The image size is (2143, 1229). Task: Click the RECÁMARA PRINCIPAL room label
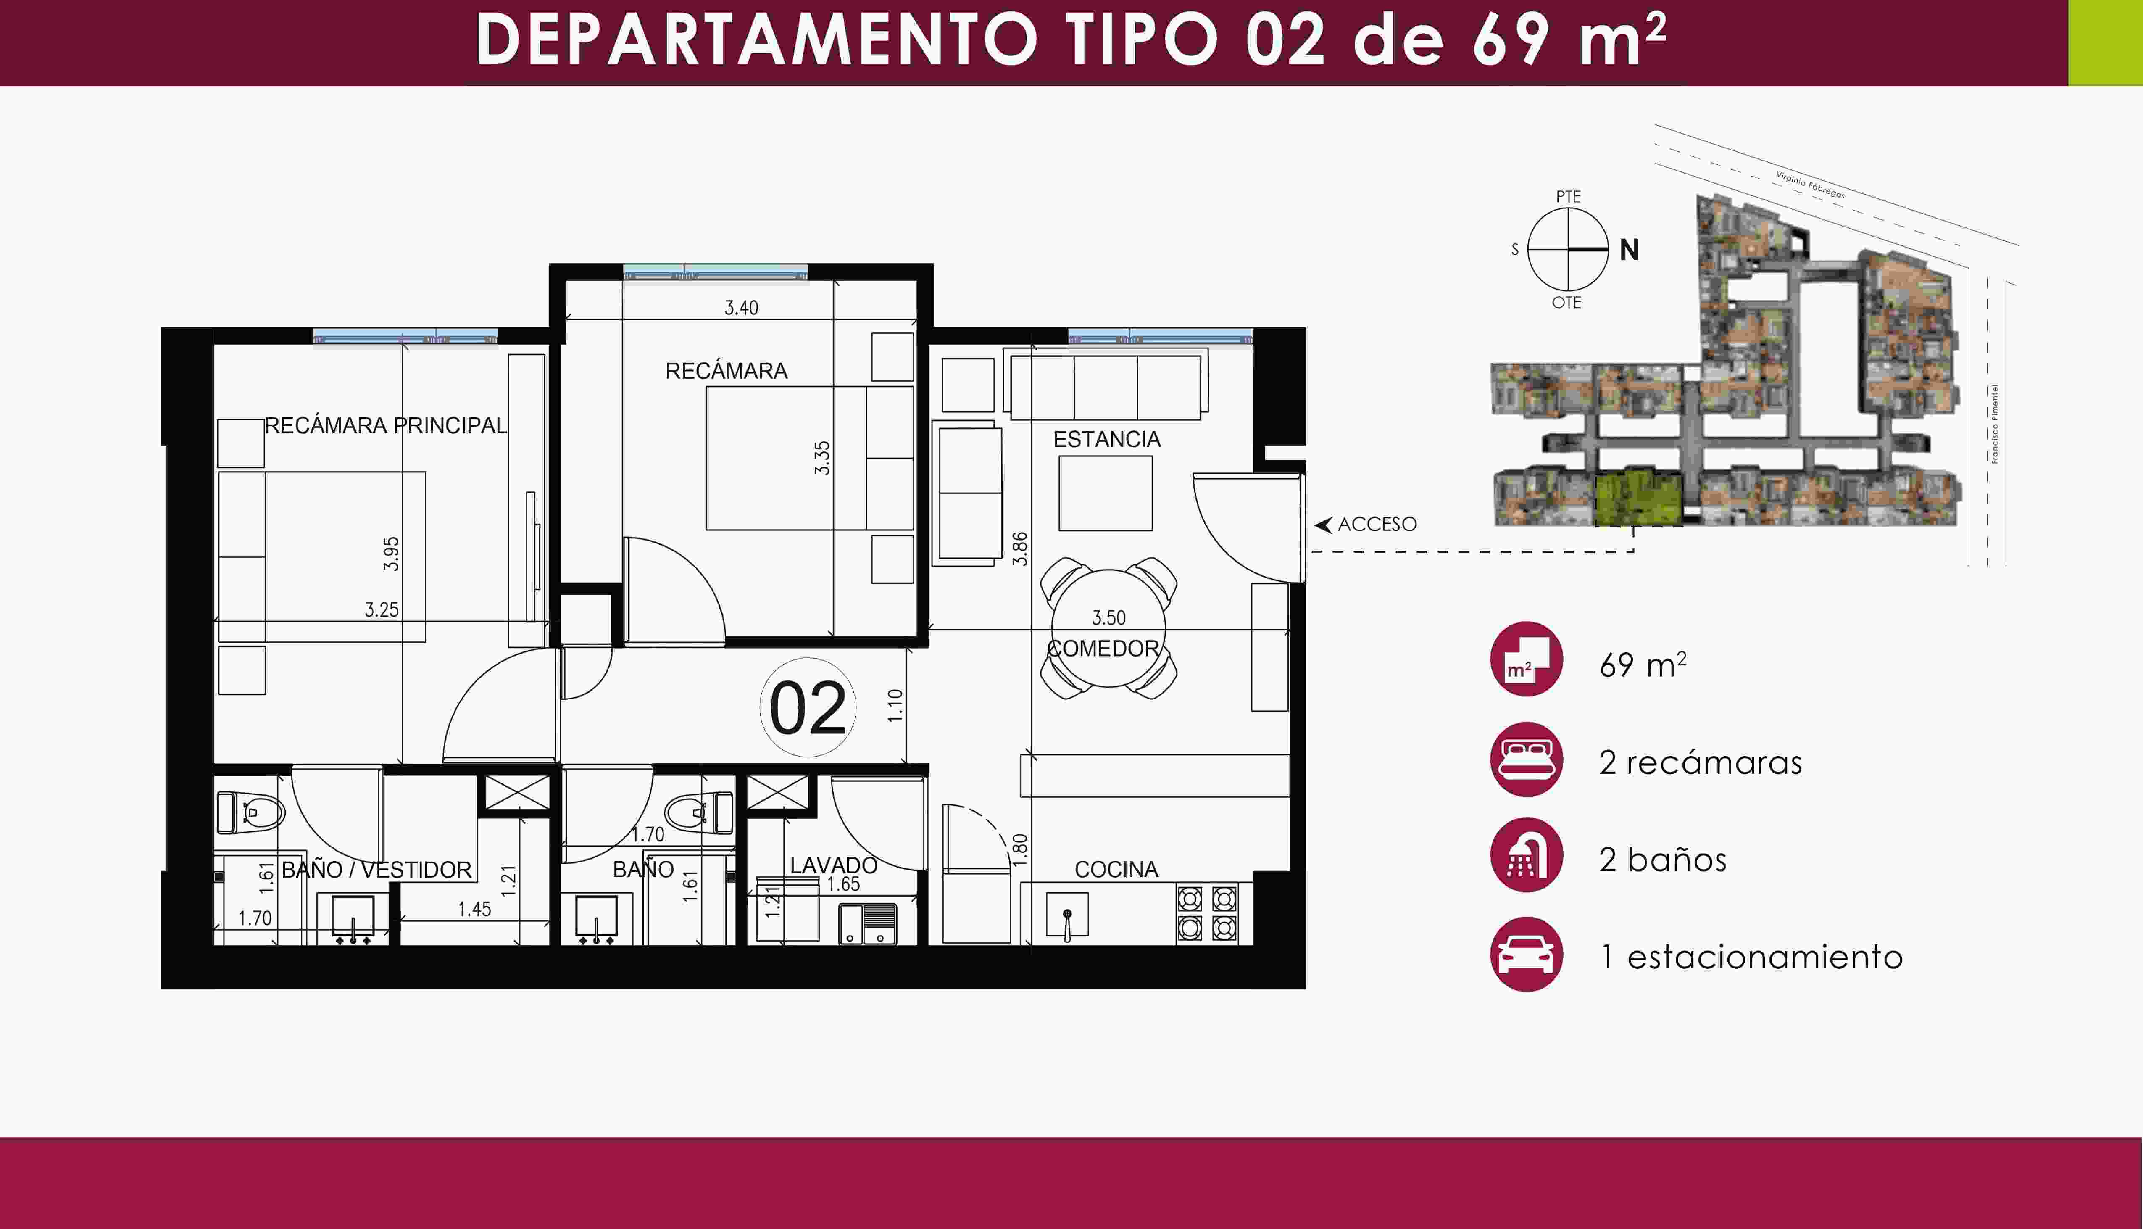[x=386, y=425]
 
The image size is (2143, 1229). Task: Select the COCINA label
[x=1116, y=869]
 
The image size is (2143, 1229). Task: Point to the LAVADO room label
[x=834, y=865]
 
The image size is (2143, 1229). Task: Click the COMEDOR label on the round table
[x=1103, y=648]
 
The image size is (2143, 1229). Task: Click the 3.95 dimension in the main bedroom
[x=391, y=554]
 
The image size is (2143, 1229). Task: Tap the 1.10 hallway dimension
[x=895, y=706]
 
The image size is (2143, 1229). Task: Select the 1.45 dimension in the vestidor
[x=474, y=909]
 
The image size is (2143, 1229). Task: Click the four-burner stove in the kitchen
[x=1207, y=913]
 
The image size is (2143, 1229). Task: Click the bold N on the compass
[x=1629, y=250]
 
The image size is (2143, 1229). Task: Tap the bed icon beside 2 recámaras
[x=1526, y=760]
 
